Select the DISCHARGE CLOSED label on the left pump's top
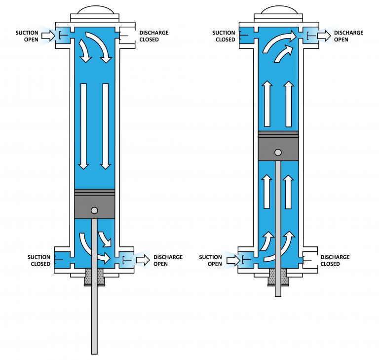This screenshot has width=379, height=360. [x=153, y=36]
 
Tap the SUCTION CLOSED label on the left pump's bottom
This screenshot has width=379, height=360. [x=38, y=260]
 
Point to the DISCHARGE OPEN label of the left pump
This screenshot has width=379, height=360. [x=168, y=260]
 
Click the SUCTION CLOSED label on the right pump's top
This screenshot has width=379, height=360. [x=224, y=36]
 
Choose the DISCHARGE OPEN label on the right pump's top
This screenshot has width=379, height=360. [x=348, y=36]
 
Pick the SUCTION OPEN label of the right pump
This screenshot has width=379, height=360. [x=211, y=260]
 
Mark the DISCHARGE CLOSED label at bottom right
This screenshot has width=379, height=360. [x=335, y=260]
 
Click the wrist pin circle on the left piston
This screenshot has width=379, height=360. [x=94, y=210]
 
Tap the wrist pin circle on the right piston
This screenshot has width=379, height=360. [x=278, y=152]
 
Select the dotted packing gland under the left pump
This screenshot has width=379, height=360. [x=94, y=278]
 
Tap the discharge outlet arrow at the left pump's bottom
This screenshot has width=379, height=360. [x=143, y=260]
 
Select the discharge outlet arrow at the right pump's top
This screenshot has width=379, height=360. [x=324, y=36]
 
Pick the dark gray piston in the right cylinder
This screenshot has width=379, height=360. [x=278, y=148]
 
